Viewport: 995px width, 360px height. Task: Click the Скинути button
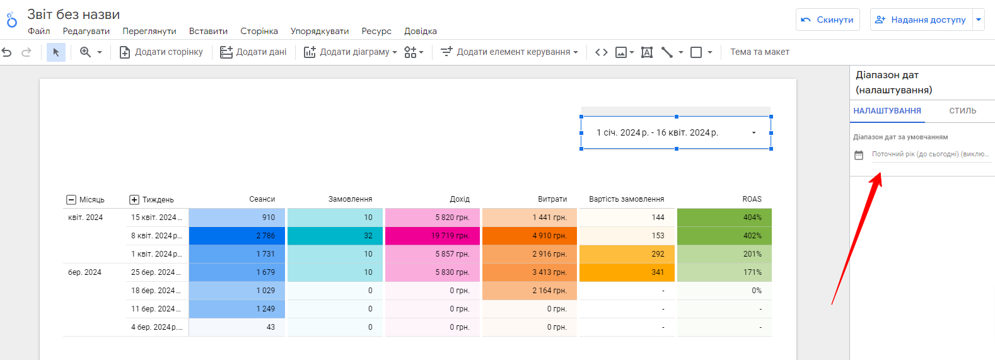827,20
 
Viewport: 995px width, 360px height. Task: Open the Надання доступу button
921,20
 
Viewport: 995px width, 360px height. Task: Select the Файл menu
38,31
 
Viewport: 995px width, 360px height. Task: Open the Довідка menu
420,31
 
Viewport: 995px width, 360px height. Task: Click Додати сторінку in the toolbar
161,52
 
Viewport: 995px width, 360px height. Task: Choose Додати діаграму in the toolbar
350,52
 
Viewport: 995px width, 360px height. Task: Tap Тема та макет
760,52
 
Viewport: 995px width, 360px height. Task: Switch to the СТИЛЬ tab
963,110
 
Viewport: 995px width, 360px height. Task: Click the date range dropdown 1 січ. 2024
676,133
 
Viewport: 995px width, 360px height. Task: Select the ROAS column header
752,199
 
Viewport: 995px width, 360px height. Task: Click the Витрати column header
552,199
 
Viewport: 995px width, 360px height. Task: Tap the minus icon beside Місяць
71,200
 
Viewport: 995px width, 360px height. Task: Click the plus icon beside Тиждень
134,200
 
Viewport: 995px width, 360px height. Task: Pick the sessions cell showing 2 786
236,236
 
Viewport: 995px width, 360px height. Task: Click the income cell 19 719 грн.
432,236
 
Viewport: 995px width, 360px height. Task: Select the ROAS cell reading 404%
724,218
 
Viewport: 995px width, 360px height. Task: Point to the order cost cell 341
627,272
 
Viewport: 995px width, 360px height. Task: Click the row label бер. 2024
84,272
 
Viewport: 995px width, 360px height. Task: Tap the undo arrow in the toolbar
7,52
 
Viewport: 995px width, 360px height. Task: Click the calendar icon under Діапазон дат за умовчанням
859,155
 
